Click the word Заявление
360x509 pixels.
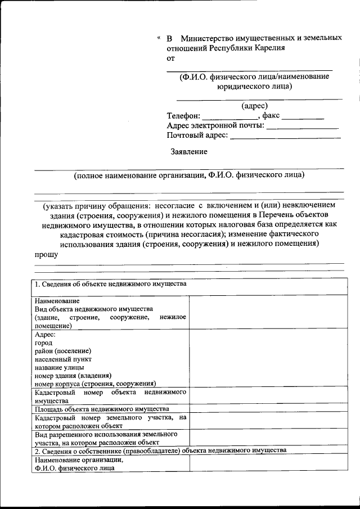coord(189,151)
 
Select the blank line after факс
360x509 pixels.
coord(303,116)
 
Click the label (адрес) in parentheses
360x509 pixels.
coord(254,106)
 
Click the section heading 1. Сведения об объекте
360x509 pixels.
coord(110,284)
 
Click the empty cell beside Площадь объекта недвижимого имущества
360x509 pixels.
coord(266,409)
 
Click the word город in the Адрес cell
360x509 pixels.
coord(43,343)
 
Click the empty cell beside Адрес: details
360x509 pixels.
coord(266,358)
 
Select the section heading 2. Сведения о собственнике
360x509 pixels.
coord(161,451)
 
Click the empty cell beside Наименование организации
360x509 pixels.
coord(266,463)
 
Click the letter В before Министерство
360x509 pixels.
coord(169,38)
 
